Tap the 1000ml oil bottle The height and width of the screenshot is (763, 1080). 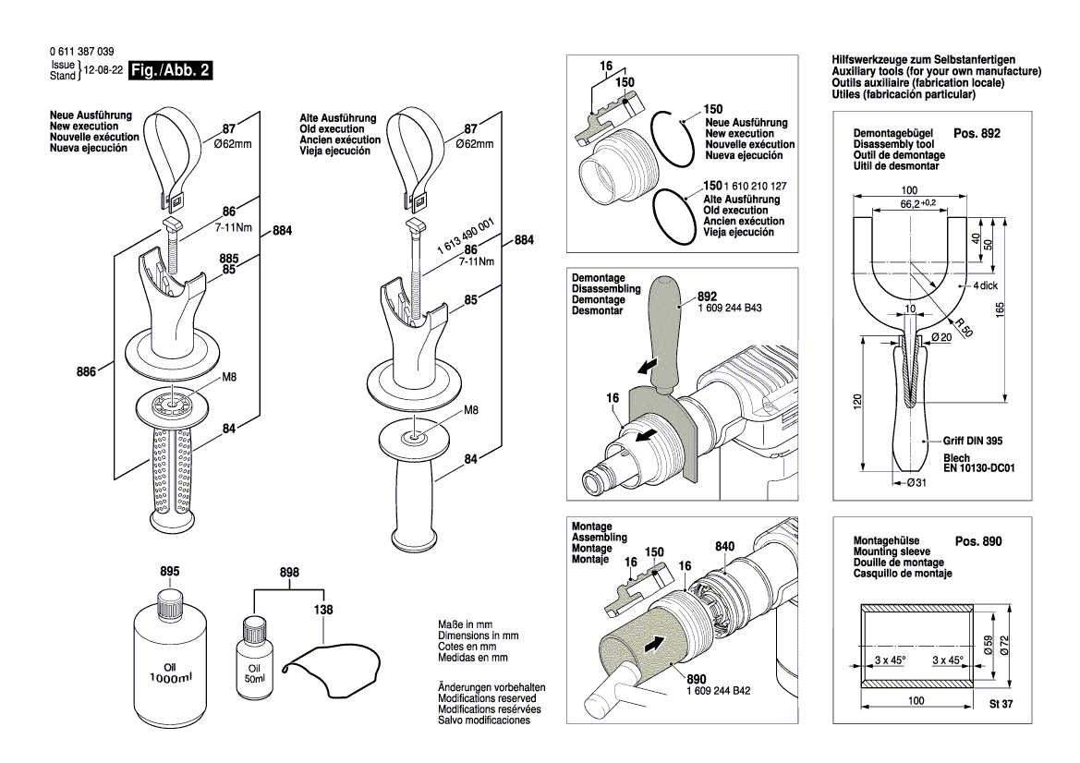pyautogui.click(x=169, y=655)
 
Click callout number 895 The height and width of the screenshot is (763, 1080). pyautogui.click(x=169, y=572)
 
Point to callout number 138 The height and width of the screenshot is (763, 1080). pyautogui.click(x=323, y=610)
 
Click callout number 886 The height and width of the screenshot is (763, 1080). pyautogui.click(x=88, y=372)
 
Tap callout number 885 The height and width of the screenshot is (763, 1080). pyautogui.click(x=228, y=259)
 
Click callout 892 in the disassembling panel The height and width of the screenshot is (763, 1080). pyautogui.click(x=709, y=297)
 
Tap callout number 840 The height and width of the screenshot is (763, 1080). pyautogui.click(x=724, y=546)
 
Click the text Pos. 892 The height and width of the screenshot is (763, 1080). pyautogui.click(x=976, y=133)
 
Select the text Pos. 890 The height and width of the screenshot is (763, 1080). pyautogui.click(x=977, y=541)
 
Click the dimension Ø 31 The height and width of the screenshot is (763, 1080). pyautogui.click(x=916, y=483)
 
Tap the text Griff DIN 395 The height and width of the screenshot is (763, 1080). pyautogui.click(x=973, y=441)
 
